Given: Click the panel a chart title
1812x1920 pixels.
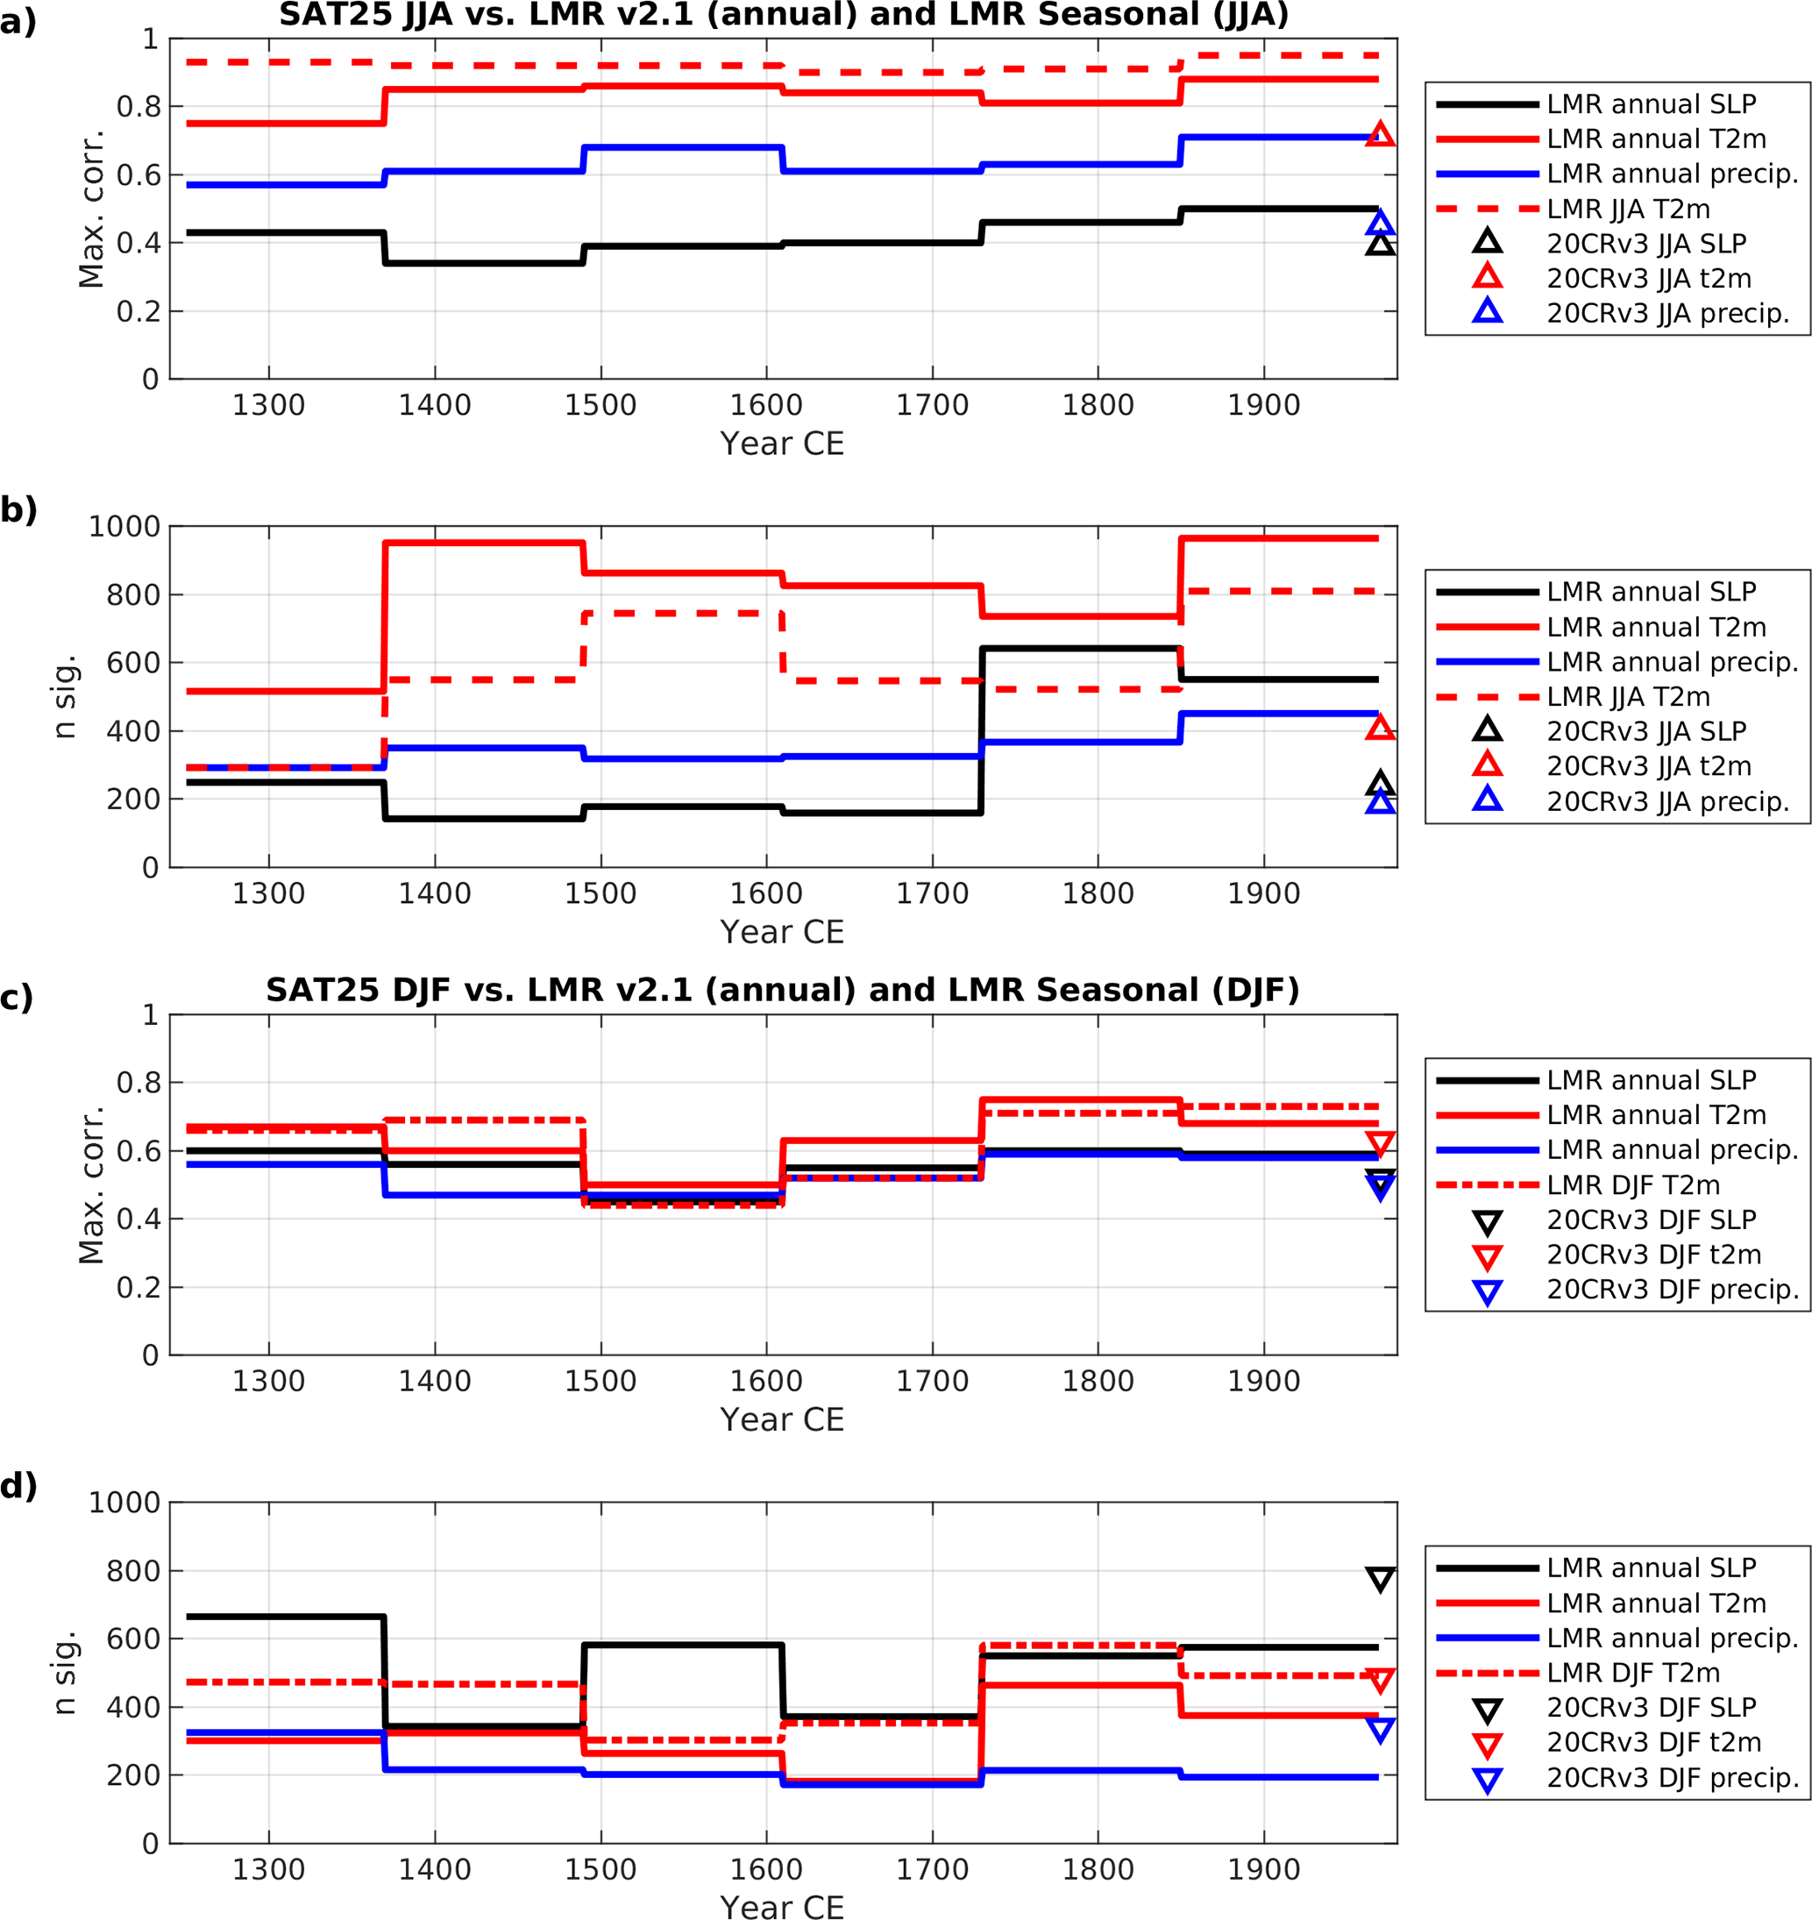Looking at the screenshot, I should point(784,16).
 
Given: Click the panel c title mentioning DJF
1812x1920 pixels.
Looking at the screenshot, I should point(782,990).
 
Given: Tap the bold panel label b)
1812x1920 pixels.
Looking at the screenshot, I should point(19,509).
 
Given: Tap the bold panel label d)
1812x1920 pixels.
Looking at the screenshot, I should point(19,1485).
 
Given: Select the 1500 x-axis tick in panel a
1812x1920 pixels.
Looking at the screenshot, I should point(600,406).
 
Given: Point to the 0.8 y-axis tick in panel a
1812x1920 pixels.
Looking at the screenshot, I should point(139,107).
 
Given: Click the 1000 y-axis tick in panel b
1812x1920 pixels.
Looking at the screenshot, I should point(124,527).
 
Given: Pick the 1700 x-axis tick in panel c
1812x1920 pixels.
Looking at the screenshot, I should point(932,1381).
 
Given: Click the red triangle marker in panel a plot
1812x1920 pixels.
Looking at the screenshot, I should point(1380,135).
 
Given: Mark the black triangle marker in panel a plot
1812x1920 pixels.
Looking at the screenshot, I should point(1380,245).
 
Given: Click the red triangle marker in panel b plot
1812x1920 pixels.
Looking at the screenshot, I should point(1380,729).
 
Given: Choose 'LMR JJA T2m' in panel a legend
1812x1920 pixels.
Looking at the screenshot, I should point(1628,209).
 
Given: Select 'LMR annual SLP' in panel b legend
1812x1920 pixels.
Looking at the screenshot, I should point(1651,592).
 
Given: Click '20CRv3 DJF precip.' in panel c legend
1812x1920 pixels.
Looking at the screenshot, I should point(1673,1290).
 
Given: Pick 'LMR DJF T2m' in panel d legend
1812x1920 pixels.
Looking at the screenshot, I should point(1632,1673).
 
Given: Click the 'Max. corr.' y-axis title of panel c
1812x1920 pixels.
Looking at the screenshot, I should point(91,1185).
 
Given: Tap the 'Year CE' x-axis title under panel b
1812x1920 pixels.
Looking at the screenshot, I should point(782,932).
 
